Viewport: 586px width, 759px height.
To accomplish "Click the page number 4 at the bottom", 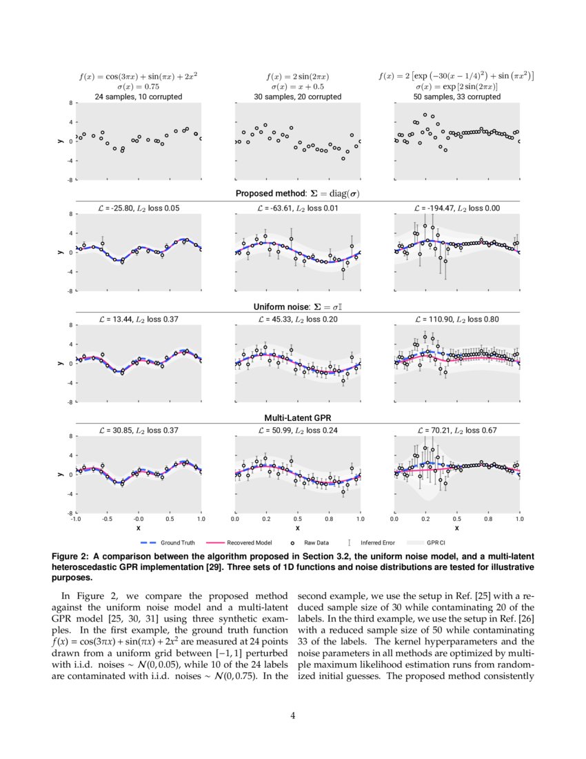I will point(293,715).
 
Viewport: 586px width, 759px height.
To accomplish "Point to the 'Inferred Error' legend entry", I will point(376,542).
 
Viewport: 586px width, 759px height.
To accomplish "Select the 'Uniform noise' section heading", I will point(297,307).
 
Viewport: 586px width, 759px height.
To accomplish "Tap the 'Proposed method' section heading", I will point(297,194).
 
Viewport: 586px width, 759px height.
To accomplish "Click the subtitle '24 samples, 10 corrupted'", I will point(139,97).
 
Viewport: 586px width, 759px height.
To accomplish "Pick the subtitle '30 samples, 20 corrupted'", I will point(297,97).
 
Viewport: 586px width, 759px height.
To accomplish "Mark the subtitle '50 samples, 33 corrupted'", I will point(456,97).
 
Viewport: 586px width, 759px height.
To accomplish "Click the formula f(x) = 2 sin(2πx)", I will point(297,77).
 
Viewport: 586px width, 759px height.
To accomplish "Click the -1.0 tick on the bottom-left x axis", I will point(76,519).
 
